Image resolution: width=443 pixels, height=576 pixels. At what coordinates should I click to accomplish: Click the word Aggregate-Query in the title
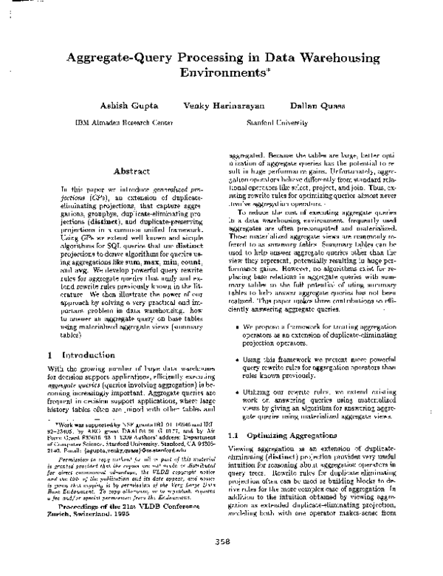click(120, 58)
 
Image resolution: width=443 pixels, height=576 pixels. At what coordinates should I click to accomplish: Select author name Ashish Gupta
click(128, 106)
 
